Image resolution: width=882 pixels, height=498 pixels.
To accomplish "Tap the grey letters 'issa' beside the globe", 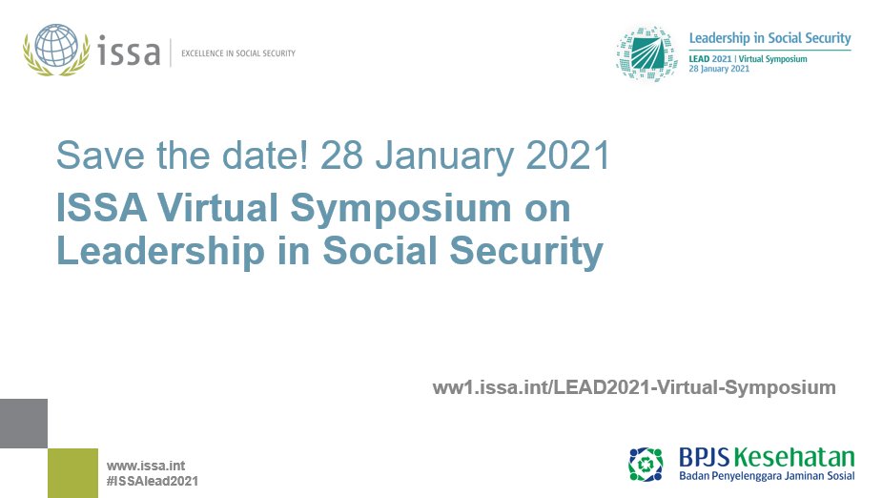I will pyautogui.click(x=129, y=52).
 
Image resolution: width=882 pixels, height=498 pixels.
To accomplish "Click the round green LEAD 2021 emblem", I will pyautogui.click(x=647, y=53).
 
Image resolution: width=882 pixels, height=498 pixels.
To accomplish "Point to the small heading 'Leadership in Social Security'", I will pyautogui.click(x=769, y=38).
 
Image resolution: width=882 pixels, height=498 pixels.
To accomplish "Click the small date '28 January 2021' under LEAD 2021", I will pyautogui.click(x=719, y=70).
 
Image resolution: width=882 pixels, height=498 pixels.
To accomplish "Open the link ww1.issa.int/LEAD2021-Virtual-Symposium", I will pyautogui.click(x=634, y=387).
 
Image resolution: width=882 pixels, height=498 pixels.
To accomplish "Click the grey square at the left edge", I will pyautogui.click(x=23, y=424).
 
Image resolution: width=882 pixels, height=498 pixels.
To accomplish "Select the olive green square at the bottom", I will pyautogui.click(x=72, y=472).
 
